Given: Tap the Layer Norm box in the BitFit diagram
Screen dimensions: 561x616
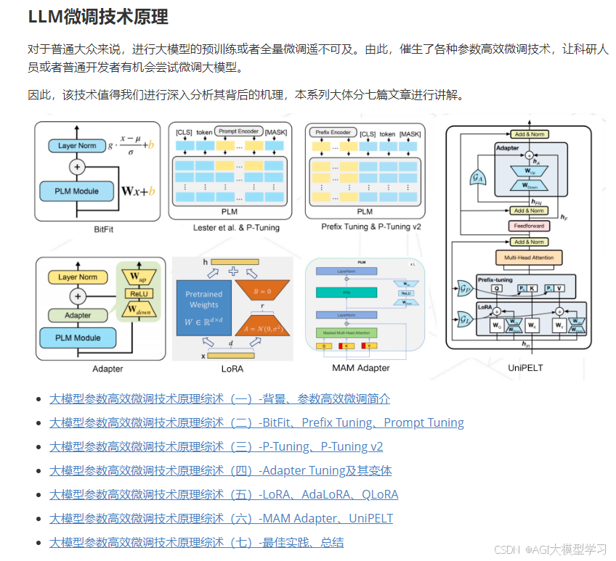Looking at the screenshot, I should pos(77,146).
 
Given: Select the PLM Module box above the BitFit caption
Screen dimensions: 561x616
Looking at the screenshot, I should pos(77,192).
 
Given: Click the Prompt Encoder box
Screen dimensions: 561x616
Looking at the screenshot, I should pos(238,131).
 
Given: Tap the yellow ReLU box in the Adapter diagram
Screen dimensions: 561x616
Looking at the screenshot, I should pos(137,293).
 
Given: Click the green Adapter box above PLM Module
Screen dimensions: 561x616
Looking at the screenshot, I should pos(77,316).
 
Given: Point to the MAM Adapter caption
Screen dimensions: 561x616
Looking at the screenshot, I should pos(361,368).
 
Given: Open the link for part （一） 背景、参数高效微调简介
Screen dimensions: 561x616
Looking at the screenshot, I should pos(219,399).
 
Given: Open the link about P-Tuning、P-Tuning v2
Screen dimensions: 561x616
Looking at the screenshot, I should pos(216,447).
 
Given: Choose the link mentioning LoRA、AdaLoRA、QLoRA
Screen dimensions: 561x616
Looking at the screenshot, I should pos(224,495).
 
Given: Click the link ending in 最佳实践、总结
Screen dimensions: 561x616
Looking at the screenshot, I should pos(196,543).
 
